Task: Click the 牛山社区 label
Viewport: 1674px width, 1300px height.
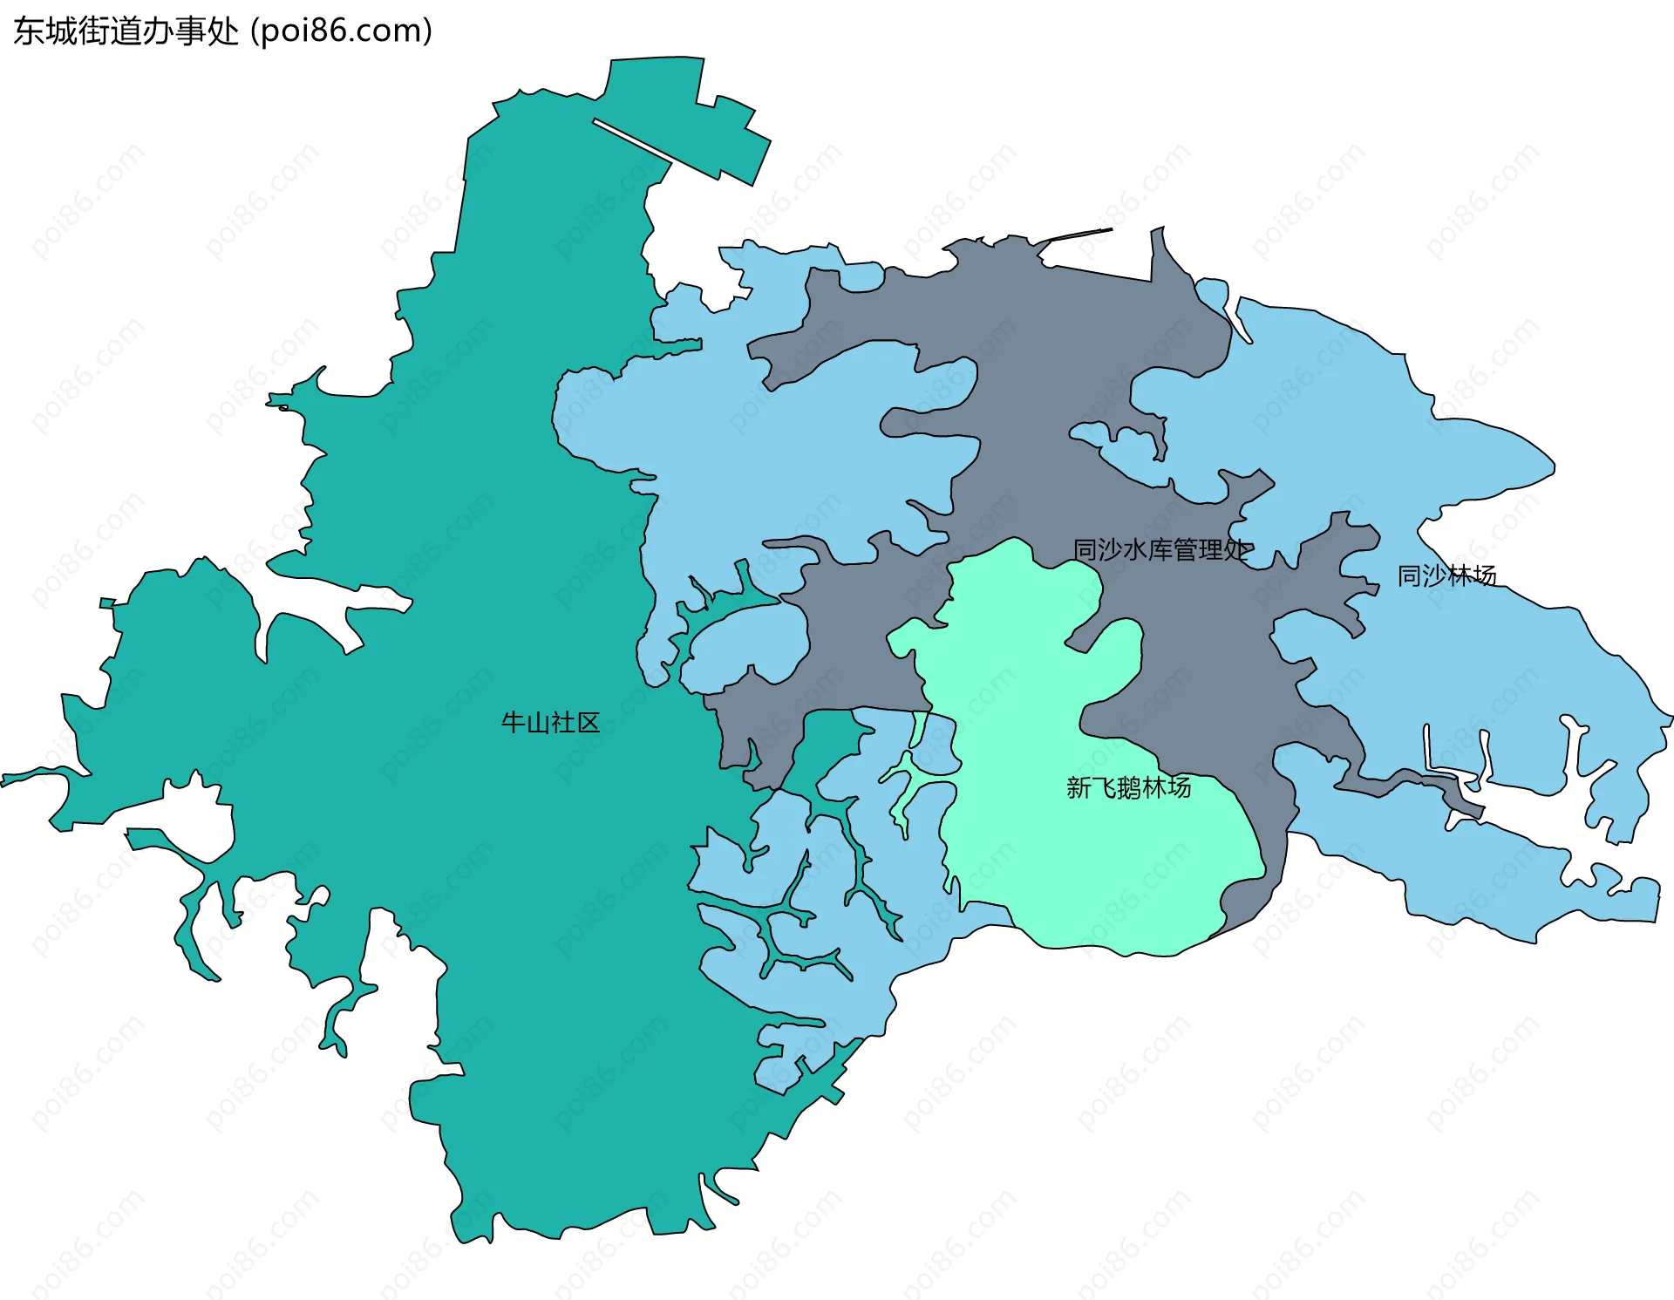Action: point(550,723)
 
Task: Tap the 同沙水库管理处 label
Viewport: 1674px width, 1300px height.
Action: point(1162,550)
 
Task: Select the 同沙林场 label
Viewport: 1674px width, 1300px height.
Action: point(1446,575)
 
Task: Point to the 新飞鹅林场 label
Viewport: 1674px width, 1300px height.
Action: point(1128,788)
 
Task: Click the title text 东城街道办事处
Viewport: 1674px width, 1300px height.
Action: point(126,31)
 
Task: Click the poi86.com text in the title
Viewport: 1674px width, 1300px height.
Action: point(341,31)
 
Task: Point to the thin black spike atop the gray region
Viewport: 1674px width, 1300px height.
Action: point(1081,234)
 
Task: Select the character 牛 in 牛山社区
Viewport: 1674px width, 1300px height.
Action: point(513,723)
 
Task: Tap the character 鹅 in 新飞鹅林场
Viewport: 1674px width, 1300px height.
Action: point(1128,788)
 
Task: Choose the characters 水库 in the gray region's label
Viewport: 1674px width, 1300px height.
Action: point(1148,550)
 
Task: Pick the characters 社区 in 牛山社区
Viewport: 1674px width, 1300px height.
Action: point(575,723)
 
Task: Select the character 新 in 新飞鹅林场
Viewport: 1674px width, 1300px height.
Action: point(1079,788)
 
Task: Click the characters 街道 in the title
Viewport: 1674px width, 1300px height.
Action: point(110,31)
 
